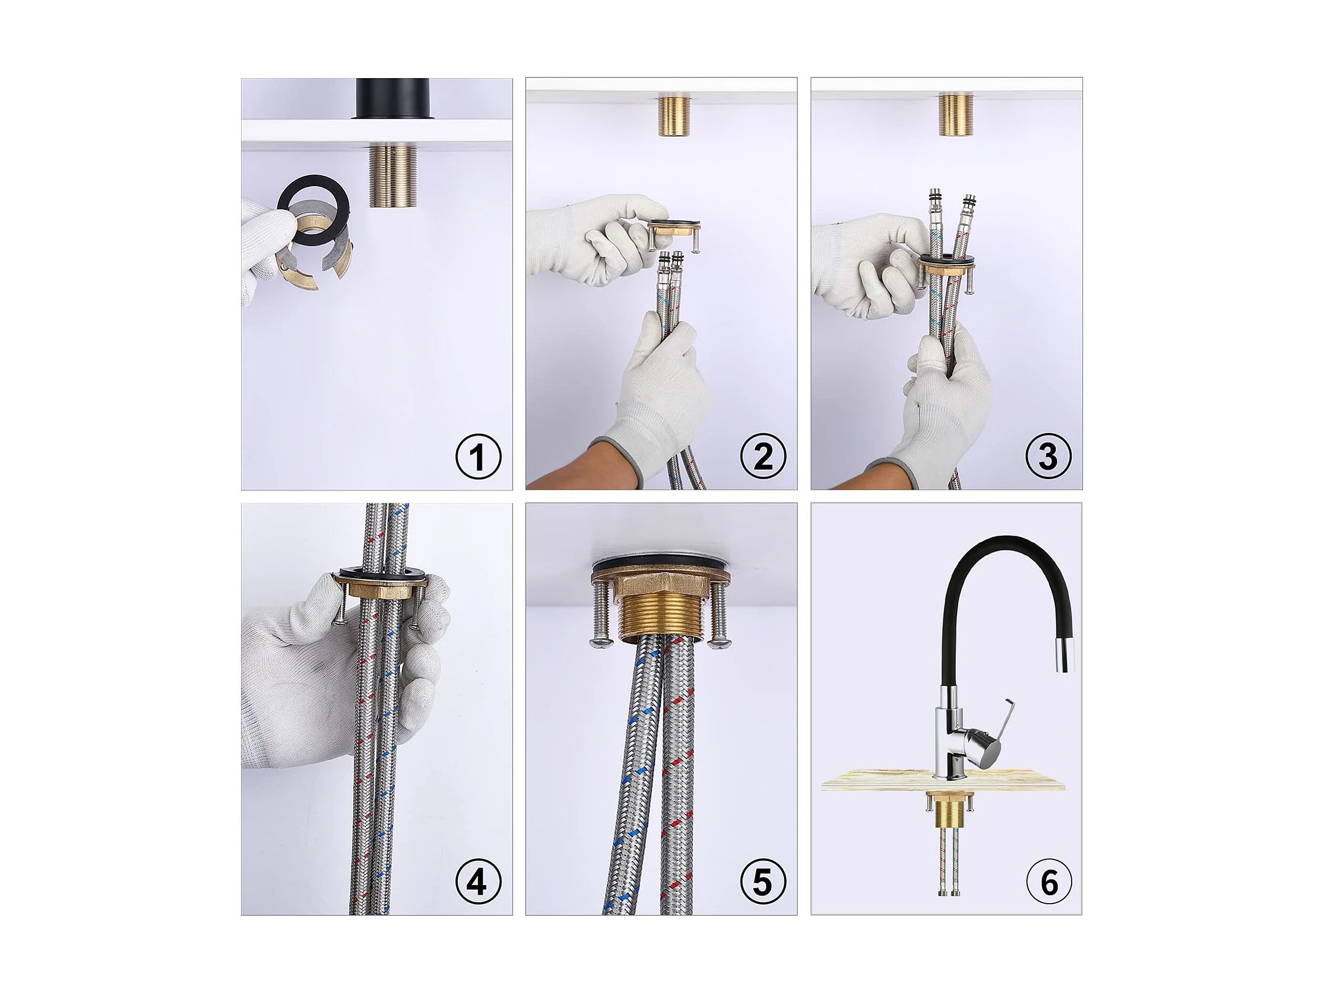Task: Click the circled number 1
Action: pos(478,458)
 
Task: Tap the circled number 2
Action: pos(763,458)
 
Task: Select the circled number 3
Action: pos(1048,458)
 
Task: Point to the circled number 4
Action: pos(478,882)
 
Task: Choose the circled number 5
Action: pos(763,882)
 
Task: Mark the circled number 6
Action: pos(1048,882)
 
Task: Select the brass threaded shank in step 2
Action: pos(674,115)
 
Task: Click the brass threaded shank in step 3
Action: pos(956,115)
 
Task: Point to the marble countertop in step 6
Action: pos(943,780)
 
